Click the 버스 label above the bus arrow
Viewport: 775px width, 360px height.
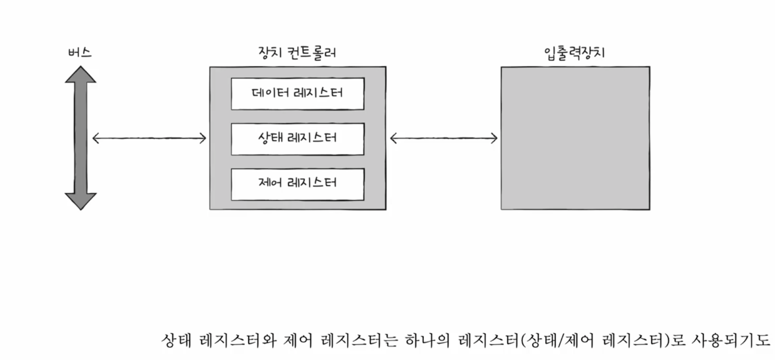80,52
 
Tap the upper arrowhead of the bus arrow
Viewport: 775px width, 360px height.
81,75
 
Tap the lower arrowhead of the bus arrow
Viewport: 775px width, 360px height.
81,201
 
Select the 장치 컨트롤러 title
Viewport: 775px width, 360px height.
297,52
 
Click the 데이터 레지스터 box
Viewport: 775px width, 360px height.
297,93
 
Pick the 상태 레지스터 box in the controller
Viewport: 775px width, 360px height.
297,139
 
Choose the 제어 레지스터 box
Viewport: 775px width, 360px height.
297,184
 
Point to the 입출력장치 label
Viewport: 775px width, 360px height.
575,52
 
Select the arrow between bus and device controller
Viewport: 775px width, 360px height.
149,138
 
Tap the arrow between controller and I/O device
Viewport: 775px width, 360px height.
443,138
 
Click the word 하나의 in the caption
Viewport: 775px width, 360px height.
426,341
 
